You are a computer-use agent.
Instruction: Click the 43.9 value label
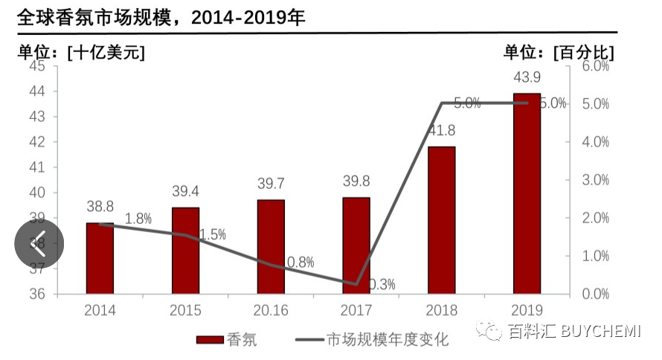pos(527,77)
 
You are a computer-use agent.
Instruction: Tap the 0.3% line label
pos(382,283)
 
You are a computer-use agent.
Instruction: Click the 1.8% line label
pos(138,219)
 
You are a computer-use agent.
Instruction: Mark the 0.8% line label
pos(300,262)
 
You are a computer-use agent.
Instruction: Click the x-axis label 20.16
pos(271,310)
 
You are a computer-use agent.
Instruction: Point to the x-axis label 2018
pos(442,310)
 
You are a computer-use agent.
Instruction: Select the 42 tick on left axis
pos(37,141)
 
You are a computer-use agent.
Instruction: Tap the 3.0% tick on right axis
pos(595,180)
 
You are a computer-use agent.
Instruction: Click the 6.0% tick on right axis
pos(595,66)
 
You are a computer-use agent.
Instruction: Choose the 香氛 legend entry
pos(227,340)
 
